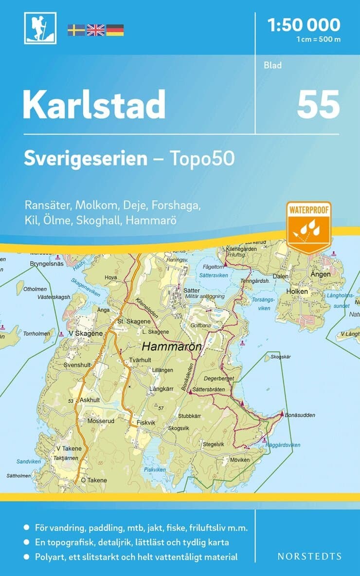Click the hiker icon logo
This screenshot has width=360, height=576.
(40, 28)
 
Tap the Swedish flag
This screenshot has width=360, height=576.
(76, 30)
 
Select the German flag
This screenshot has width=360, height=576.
(115, 30)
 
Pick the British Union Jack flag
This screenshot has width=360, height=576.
(95, 30)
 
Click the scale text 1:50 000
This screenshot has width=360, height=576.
(304, 24)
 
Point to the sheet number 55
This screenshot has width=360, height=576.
(318, 105)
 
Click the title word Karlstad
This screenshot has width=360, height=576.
(94, 105)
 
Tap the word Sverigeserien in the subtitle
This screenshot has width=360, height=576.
(86, 158)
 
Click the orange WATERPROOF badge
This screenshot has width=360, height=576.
(308, 227)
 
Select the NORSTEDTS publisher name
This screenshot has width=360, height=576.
(309, 556)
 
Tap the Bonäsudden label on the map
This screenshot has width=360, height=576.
(301, 415)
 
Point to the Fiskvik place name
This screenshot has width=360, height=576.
(146, 423)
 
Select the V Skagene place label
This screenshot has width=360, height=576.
(86, 334)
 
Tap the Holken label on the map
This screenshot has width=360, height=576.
(297, 291)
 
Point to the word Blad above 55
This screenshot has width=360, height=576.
(273, 65)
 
